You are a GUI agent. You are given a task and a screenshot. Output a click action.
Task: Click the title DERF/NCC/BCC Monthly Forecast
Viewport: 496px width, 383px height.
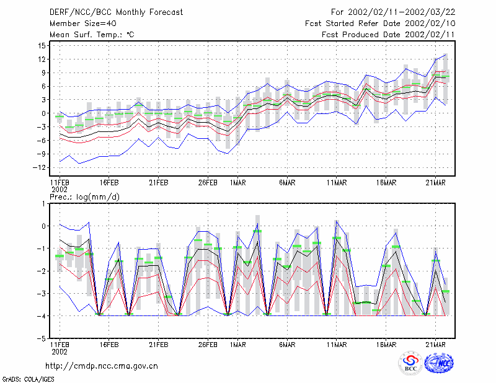pyautogui.click(x=116, y=12)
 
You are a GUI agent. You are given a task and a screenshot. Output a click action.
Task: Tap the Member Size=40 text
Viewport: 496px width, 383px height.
pyautogui.click(x=83, y=24)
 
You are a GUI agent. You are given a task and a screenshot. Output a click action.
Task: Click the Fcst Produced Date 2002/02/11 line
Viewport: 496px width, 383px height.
pyautogui.click(x=388, y=35)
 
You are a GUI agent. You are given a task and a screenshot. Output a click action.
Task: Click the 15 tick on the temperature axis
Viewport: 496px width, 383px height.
pyautogui.click(x=42, y=46)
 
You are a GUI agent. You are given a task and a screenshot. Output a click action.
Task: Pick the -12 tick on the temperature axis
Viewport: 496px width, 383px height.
pyautogui.click(x=39, y=167)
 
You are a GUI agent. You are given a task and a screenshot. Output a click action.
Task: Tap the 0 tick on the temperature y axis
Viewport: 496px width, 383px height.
pyautogui.click(x=43, y=113)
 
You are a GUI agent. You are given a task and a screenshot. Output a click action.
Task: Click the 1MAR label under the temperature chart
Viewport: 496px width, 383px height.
pyautogui.click(x=238, y=183)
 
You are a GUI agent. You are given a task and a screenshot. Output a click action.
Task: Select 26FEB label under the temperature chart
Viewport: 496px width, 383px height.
pyautogui.click(x=208, y=183)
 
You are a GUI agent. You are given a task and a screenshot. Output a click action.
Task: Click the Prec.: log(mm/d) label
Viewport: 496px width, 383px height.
pyautogui.click(x=84, y=197)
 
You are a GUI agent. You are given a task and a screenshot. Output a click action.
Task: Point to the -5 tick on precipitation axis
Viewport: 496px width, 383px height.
pyautogui.click(x=41, y=338)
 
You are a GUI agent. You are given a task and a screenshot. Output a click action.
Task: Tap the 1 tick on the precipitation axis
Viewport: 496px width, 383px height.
pyautogui.click(x=43, y=204)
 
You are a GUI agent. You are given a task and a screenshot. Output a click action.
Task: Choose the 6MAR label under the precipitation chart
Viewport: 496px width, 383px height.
pyautogui.click(x=287, y=345)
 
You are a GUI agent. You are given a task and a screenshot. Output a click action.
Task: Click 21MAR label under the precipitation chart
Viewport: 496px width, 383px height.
pyautogui.click(x=436, y=345)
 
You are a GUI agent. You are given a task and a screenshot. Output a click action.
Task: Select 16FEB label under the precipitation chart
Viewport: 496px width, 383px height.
pyautogui.click(x=109, y=345)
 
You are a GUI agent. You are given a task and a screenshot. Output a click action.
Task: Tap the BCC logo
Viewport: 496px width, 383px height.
pyautogui.click(x=410, y=363)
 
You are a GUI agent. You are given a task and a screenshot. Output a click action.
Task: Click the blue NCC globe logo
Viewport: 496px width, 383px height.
pyautogui.click(x=439, y=363)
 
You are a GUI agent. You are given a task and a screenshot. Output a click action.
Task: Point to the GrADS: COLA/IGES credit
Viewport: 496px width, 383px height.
pyautogui.click(x=29, y=379)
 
